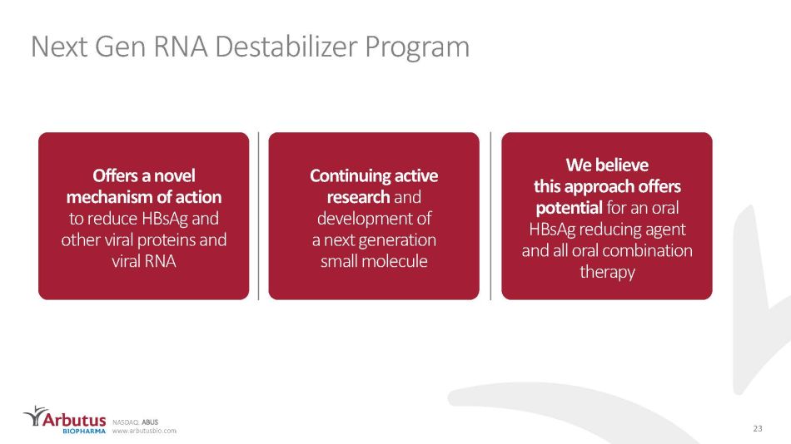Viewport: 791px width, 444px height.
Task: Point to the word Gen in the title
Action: [x=119, y=47]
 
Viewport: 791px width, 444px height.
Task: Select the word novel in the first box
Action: [x=175, y=175]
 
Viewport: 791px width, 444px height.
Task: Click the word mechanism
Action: [x=112, y=196]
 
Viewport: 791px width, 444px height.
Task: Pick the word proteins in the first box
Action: [x=170, y=240]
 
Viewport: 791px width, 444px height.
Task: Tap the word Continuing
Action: [x=349, y=176]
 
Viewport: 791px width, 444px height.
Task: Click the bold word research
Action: [x=358, y=197]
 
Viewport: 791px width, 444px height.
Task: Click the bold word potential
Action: [x=569, y=208]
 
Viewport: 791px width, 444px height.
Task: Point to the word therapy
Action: [x=607, y=272]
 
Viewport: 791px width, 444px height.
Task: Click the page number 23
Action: [x=757, y=428]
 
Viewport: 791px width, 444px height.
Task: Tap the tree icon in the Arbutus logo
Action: [x=35, y=416]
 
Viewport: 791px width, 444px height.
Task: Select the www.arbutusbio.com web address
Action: [x=144, y=431]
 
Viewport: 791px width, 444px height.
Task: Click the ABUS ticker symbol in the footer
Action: [x=150, y=422]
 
